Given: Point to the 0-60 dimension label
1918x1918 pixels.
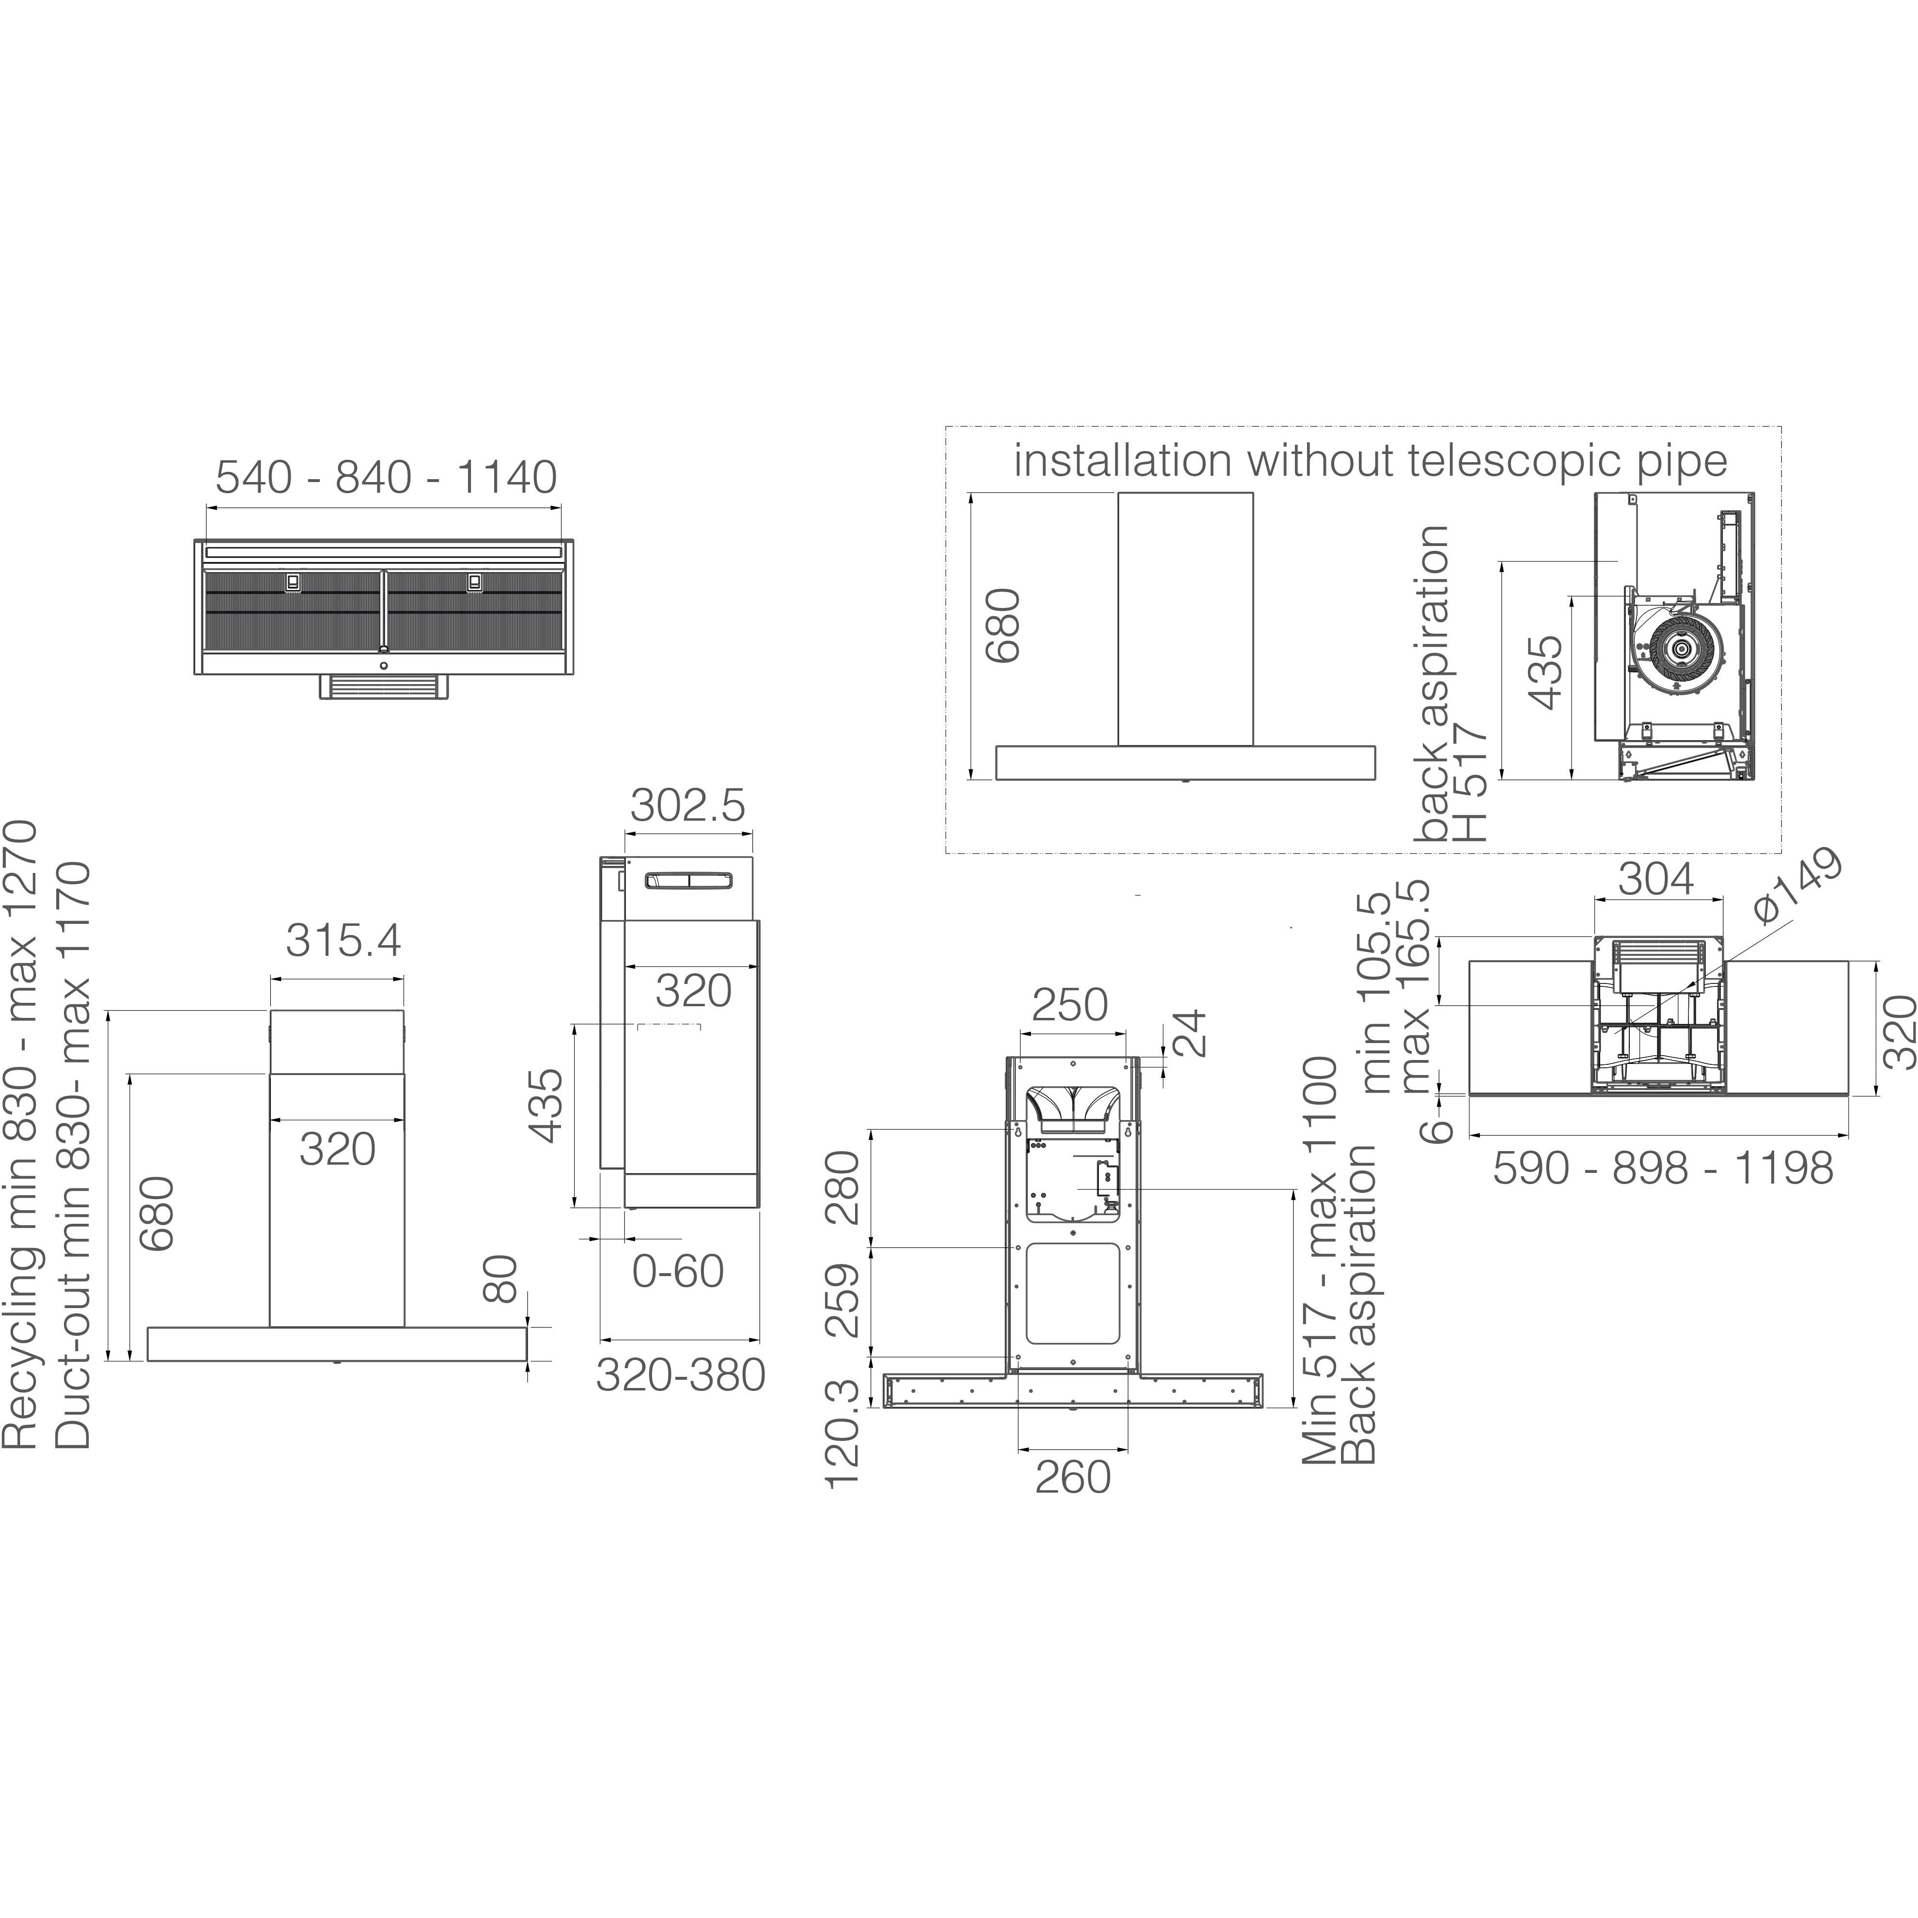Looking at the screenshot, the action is [x=678, y=1272].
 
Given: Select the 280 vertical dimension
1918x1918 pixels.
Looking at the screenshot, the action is [x=843, y=1187].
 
